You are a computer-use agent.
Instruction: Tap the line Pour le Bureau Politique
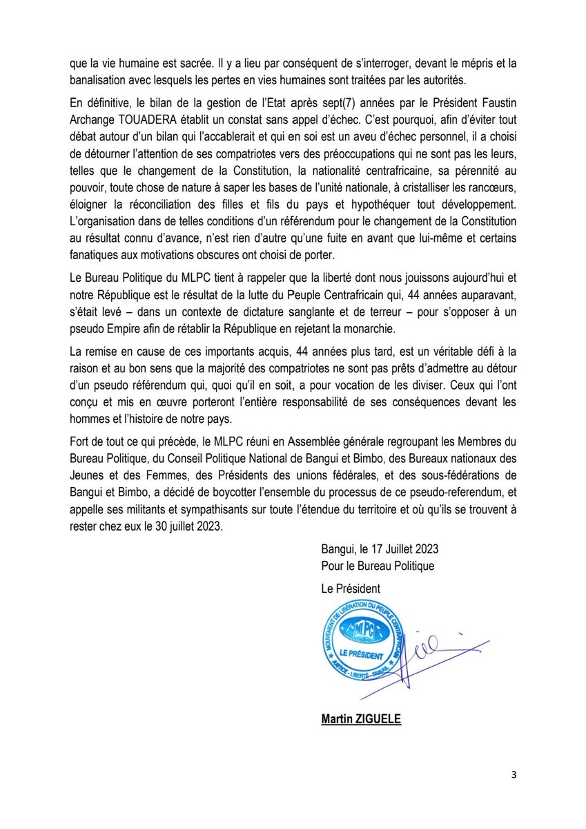tap(378, 566)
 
